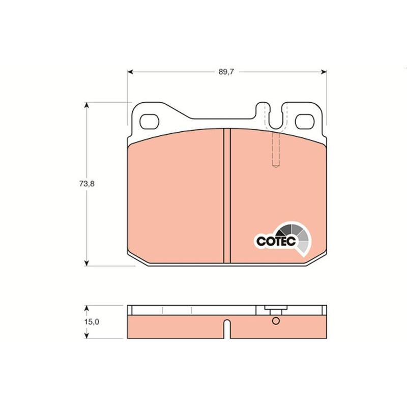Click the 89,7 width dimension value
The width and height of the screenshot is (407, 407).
[226, 72]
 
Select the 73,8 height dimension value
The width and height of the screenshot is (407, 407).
[87, 184]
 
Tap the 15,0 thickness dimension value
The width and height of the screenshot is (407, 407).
[92, 322]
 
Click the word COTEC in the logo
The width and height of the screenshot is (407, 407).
[276, 241]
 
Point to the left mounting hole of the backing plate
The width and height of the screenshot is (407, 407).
[149, 122]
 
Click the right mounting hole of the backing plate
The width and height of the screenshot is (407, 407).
[305, 122]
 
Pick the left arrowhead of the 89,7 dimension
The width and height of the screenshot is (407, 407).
[130, 72]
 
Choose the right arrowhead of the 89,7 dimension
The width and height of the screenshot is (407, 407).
[324, 72]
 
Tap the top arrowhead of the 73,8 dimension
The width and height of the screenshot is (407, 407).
[87, 105]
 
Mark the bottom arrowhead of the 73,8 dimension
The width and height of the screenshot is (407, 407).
[87, 263]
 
